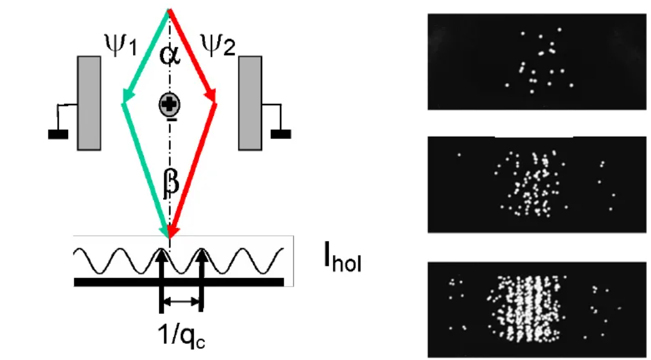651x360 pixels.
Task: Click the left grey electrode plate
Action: (x=89, y=102)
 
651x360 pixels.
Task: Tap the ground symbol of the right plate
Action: (x=281, y=133)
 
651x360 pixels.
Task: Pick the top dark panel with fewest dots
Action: (x=538, y=61)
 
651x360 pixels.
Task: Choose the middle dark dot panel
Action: (x=538, y=184)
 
